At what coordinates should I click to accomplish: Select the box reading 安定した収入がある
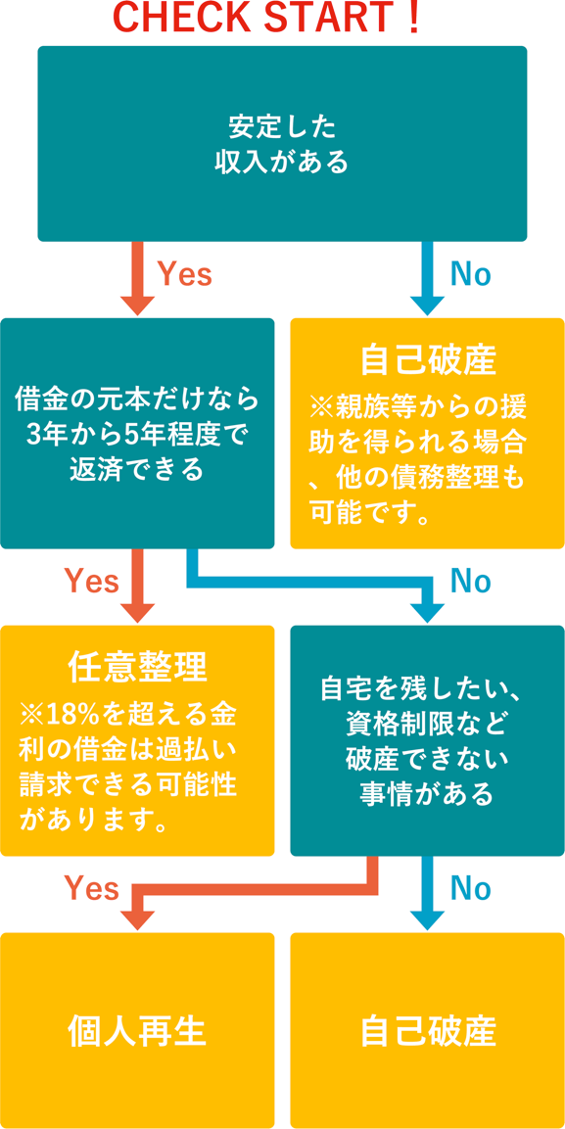(282, 143)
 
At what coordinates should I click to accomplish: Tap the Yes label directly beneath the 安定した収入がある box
(184, 273)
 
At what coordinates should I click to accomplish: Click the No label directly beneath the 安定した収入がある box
(470, 273)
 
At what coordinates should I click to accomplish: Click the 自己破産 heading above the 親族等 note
(428, 362)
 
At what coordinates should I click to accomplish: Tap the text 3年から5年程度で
(137, 434)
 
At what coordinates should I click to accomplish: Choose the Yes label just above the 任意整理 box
(91, 581)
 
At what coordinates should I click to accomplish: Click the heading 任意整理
(137, 670)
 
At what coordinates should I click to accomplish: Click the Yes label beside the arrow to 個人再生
(91, 888)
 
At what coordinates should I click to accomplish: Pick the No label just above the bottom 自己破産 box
(470, 888)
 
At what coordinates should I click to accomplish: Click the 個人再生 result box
(137, 1030)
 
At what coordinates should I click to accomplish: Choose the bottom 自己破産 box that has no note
(428, 1030)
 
